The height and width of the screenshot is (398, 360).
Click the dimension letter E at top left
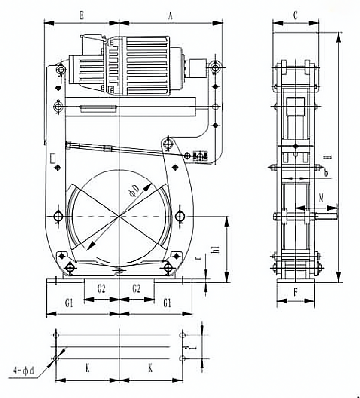[x=82, y=16]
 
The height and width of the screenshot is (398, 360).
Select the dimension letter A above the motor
[x=170, y=16]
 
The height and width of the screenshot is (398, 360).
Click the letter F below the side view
[x=296, y=293]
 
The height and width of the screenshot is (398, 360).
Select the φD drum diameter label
[x=134, y=189]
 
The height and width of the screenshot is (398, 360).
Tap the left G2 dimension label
[x=101, y=289]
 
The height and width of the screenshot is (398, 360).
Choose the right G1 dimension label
[x=167, y=303]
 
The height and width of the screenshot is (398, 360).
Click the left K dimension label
[x=87, y=368]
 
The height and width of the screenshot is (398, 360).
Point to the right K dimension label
[x=150, y=368]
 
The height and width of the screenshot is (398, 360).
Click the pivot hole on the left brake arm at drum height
[x=58, y=215]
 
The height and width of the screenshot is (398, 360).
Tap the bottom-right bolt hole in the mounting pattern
[x=183, y=358]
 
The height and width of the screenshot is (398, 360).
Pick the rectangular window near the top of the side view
[x=295, y=106]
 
